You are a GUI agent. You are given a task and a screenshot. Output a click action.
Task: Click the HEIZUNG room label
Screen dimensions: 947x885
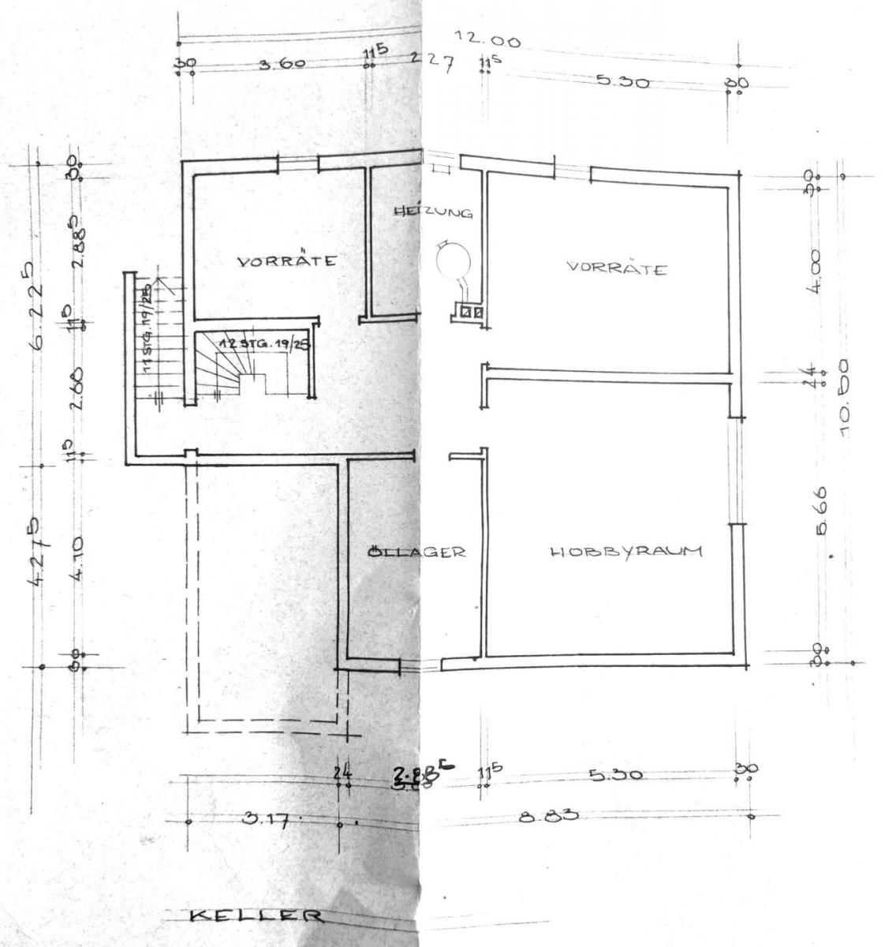[x=433, y=212]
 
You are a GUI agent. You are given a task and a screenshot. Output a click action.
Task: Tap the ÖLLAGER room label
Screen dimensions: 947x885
[x=416, y=552]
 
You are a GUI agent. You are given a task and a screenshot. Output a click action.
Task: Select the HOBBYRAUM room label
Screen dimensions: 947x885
[x=625, y=552]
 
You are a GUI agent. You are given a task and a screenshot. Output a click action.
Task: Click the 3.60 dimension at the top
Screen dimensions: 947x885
[x=282, y=65]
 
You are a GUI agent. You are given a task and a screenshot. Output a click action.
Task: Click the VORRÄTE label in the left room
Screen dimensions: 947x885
[x=287, y=260]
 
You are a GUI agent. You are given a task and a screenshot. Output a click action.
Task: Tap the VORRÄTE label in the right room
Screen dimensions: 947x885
[x=617, y=268]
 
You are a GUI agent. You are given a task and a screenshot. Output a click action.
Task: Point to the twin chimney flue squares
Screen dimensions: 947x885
[x=471, y=312]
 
